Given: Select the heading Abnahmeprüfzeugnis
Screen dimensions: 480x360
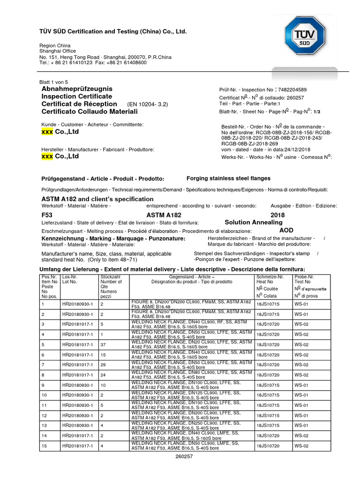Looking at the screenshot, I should (x=77, y=89).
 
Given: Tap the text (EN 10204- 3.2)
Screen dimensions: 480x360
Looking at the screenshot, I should (x=147, y=104).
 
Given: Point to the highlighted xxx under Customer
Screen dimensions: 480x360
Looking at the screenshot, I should (x=47, y=132).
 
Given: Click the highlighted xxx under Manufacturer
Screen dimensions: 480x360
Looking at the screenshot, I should (x=47, y=157).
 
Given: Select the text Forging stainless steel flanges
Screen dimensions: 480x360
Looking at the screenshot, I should (x=228, y=178).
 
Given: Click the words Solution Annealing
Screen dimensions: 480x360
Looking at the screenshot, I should (x=254, y=222).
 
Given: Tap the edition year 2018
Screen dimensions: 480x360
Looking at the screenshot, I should (x=277, y=215).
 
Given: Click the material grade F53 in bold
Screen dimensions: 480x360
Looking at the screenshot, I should (x=47, y=215).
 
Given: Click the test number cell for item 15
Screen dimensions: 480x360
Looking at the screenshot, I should (x=301, y=446).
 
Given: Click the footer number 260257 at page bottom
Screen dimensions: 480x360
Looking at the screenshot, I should (x=184, y=457).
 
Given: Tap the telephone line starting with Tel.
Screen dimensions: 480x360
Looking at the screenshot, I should (x=93, y=62).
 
